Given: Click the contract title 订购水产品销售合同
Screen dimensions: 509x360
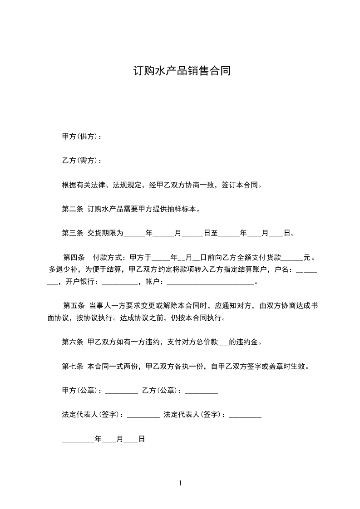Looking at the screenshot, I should [x=182, y=72].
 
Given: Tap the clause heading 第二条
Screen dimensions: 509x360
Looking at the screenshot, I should [x=72, y=209].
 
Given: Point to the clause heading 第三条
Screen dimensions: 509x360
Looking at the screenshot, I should [x=72, y=234].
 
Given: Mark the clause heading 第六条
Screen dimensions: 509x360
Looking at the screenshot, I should [x=72, y=343].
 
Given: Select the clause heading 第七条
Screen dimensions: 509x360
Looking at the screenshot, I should [x=72, y=367].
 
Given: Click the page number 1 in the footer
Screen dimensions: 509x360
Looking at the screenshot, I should [x=180, y=483].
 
